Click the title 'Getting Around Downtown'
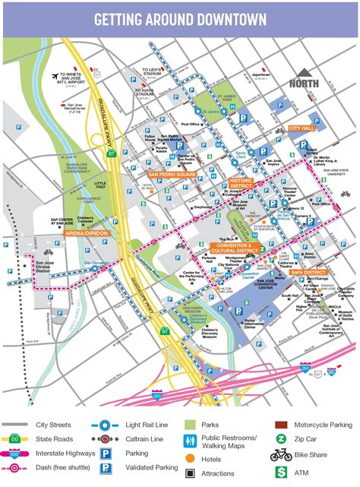click(x=180, y=18)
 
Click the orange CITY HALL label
click(x=302, y=129)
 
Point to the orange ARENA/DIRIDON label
click(x=86, y=233)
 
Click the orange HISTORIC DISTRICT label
click(x=241, y=183)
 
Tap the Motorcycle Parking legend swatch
click(x=281, y=425)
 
